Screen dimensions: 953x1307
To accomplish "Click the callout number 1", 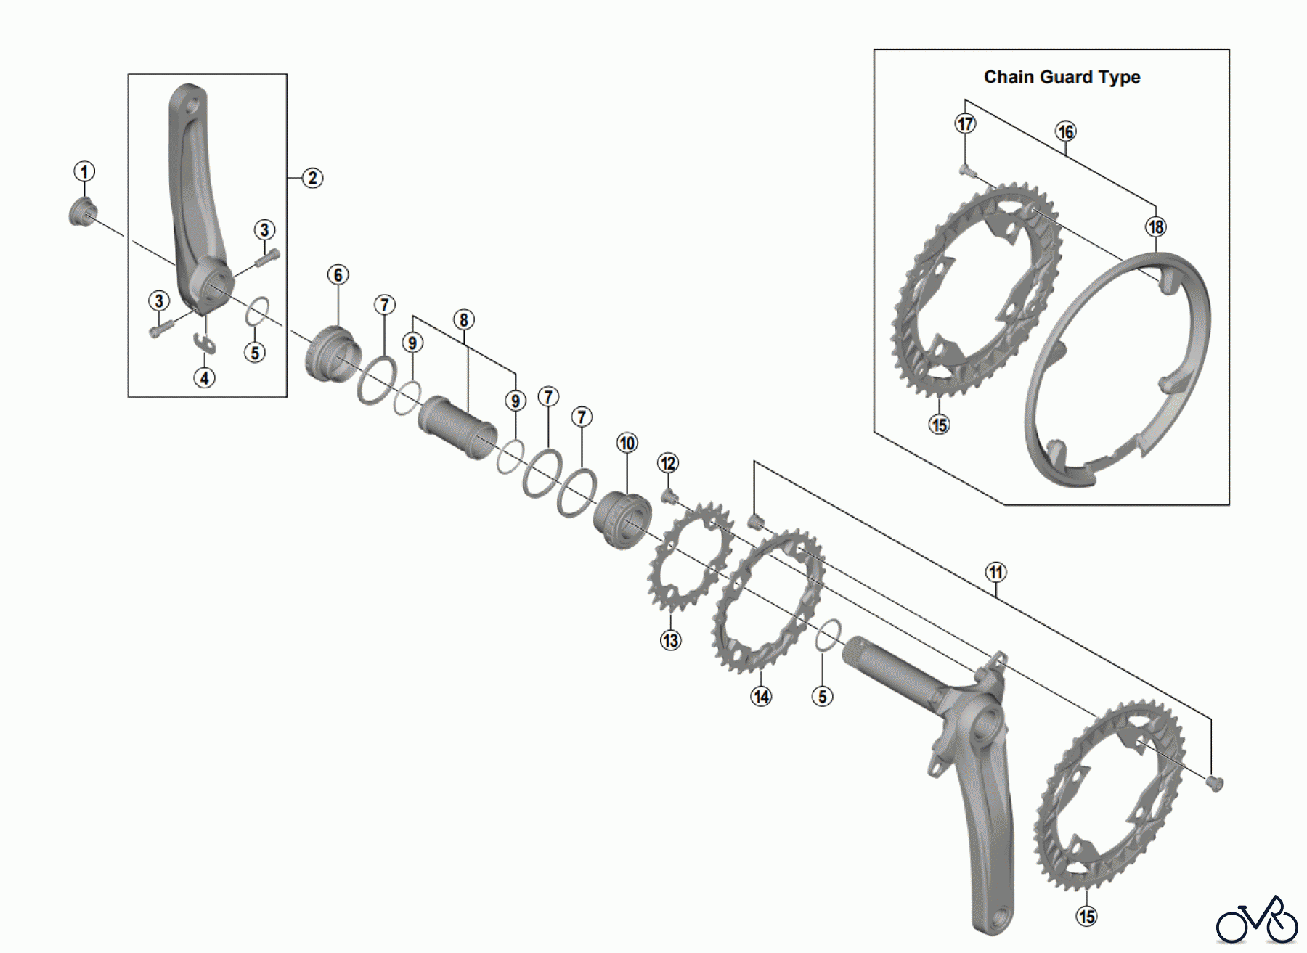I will [84, 172].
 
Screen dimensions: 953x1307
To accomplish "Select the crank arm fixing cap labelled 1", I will [82, 212].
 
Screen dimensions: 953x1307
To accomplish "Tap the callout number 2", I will [312, 178].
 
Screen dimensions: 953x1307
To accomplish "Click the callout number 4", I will [205, 378].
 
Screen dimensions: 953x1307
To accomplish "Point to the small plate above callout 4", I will [205, 343].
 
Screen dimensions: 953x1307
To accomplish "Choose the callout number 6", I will [338, 275].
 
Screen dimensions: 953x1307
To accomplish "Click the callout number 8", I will [463, 320].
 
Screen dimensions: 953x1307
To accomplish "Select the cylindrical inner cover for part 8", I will [457, 428].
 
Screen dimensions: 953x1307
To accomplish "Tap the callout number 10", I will [627, 443].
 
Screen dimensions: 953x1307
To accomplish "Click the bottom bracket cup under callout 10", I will [622, 520].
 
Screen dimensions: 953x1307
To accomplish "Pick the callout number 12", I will [668, 463].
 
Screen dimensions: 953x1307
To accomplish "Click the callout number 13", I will [670, 640].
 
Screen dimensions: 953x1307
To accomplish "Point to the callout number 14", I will [761, 697].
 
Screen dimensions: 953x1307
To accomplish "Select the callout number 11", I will [995, 572].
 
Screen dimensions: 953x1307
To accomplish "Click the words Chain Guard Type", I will [1062, 77].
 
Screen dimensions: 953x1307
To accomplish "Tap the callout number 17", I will [965, 124].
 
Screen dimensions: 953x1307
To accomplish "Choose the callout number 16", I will [1065, 131].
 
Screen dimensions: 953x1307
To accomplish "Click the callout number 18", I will [1155, 226].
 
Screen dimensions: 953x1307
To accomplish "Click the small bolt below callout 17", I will [965, 171].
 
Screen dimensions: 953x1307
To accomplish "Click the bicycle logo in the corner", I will [1257, 922].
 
